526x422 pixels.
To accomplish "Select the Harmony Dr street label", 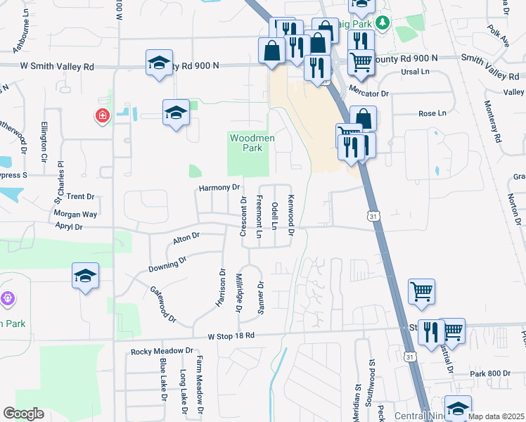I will tap(219, 188).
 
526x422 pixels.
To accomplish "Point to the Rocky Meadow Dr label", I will tap(162, 350).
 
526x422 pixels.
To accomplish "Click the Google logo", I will tap(23, 414).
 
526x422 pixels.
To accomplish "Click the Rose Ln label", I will tap(432, 113).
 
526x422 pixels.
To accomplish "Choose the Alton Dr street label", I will tap(186, 238).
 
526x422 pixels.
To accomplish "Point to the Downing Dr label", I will tap(167, 264).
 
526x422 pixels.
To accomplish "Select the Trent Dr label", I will tap(80, 198).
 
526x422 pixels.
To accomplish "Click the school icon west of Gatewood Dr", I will tap(85, 276).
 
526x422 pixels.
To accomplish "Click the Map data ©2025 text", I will tap(496, 416).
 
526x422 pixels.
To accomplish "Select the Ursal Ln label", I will tap(414, 72).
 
